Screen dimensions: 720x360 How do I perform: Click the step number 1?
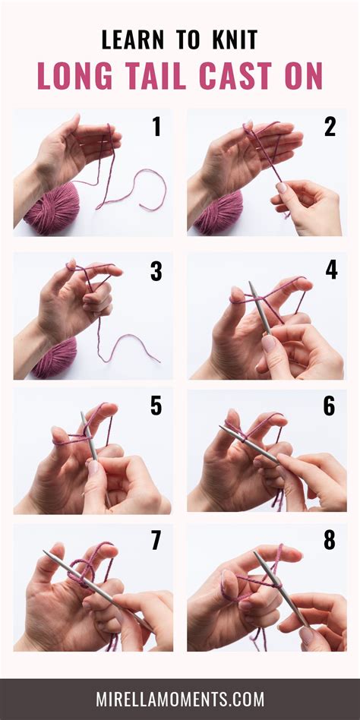[156, 128]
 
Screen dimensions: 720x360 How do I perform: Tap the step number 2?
[330, 128]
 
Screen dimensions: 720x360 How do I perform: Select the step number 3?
[156, 271]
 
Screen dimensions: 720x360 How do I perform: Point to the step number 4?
[330, 271]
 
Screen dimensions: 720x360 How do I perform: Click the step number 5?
[156, 406]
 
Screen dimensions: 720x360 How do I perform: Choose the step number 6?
[330, 406]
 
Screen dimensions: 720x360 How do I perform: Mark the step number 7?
[156, 542]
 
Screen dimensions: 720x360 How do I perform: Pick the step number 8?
[330, 542]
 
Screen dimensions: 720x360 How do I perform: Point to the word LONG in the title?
[73, 76]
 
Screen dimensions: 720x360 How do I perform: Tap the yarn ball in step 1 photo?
[50, 210]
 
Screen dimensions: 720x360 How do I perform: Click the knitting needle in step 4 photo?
[259, 307]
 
